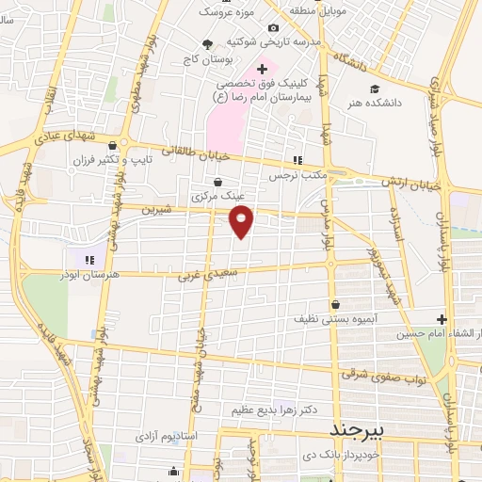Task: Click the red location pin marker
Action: coord(242,222)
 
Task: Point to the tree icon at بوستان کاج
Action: coord(208,43)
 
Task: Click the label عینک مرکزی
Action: coord(218,198)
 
